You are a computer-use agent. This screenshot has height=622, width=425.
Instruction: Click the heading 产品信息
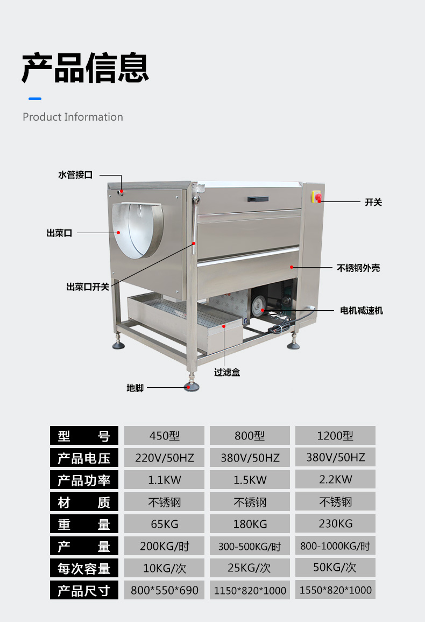85,67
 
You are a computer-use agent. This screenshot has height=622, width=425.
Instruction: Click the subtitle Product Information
73,117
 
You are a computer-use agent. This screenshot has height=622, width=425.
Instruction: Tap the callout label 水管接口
75,175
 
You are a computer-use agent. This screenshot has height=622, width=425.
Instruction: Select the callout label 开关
373,202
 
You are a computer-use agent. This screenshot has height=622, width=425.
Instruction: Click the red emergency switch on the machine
317,198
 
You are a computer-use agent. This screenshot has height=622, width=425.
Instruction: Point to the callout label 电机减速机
362,311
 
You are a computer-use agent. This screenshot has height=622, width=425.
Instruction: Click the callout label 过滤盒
226,372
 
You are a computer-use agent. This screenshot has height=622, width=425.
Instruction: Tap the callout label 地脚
135,388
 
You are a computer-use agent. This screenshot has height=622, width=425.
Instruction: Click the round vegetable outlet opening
137,230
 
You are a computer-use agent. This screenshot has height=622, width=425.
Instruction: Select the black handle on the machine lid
258,199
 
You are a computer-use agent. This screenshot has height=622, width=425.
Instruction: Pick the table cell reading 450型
164,436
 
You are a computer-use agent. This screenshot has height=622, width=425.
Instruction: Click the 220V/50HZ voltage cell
164,458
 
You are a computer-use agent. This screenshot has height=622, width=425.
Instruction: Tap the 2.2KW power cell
335,479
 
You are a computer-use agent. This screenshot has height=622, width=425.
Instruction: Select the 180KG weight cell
250,524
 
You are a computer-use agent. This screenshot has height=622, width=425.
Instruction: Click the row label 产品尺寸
83,590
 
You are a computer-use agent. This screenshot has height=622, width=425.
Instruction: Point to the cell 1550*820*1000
335,590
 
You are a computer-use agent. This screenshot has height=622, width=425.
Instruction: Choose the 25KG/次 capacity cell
250,568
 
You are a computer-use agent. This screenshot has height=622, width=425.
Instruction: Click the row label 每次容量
83,568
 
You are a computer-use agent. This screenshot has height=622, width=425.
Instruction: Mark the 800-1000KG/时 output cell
335,546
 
